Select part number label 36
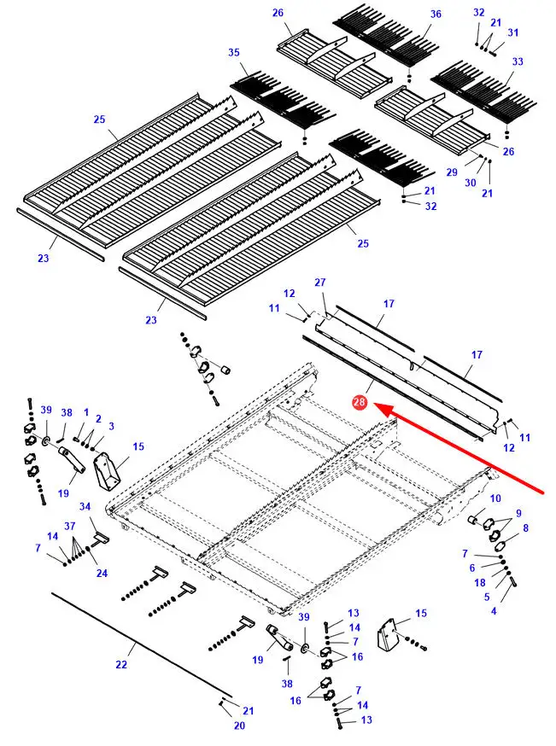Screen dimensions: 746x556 pos(436,15)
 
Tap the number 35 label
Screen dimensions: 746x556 pos(234,53)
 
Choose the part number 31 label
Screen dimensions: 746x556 pos(512,32)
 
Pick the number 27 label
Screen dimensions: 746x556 pos(320,283)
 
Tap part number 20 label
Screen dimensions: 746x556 pos(239,726)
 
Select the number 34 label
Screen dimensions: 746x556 pos(85,507)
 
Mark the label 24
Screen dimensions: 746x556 pos(102,573)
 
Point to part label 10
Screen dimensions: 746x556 pos(495,498)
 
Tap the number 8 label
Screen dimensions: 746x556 pos(525,527)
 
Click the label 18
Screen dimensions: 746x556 pos(479,582)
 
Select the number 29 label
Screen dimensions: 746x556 pos(452,172)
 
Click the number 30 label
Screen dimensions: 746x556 pos(470,183)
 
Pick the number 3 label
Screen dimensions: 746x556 pos(110,426)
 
